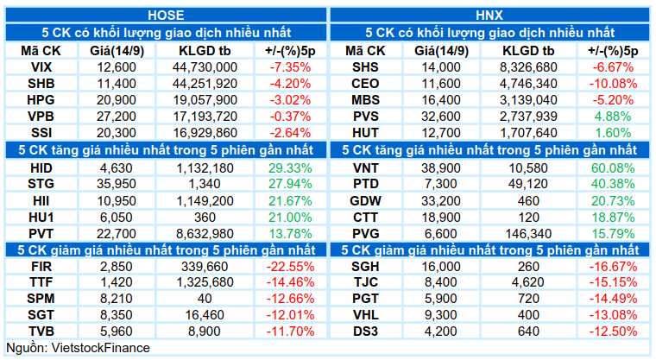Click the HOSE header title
(166, 16)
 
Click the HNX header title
(489, 16)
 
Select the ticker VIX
(41, 67)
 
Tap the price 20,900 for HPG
(117, 100)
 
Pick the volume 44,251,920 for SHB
(205, 84)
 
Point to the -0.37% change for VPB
(290, 117)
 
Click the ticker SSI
(41, 133)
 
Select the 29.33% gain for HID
(290, 168)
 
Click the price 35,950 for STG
(117, 184)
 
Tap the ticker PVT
(41, 234)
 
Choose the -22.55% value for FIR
(290, 266)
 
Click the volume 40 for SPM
(205, 299)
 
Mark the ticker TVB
(41, 332)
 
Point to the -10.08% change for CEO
(613, 84)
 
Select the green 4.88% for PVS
(613, 117)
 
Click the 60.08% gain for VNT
(613, 168)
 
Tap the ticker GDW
(365, 201)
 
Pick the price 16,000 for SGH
(440, 266)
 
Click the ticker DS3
(365, 332)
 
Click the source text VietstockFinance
(100, 348)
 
